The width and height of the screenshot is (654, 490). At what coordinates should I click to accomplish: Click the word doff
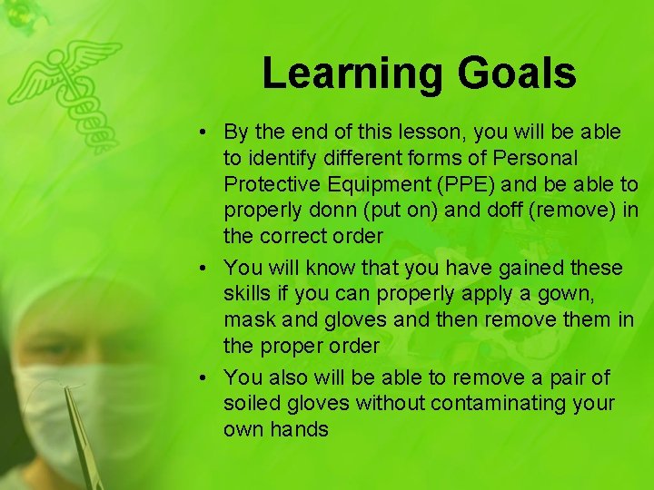[490, 211]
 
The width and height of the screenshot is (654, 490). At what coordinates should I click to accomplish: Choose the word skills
[249, 294]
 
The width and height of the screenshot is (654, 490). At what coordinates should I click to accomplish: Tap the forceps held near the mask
[80, 436]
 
